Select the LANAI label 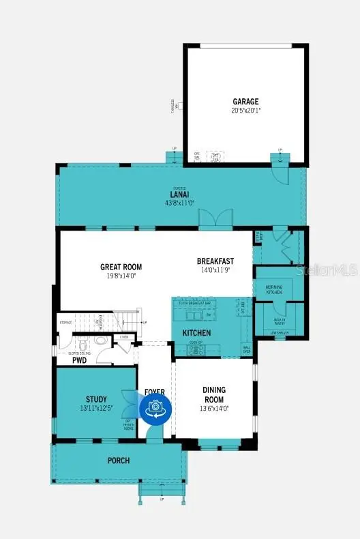(x=180, y=194)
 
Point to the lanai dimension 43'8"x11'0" (x=180, y=202)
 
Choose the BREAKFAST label (x=215, y=261)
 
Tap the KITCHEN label (x=196, y=333)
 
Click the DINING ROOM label (x=214, y=394)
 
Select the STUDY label (x=96, y=399)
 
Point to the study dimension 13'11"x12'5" (x=96, y=408)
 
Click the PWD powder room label (x=80, y=360)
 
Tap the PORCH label (x=117, y=461)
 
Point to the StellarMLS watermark (x=326, y=270)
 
